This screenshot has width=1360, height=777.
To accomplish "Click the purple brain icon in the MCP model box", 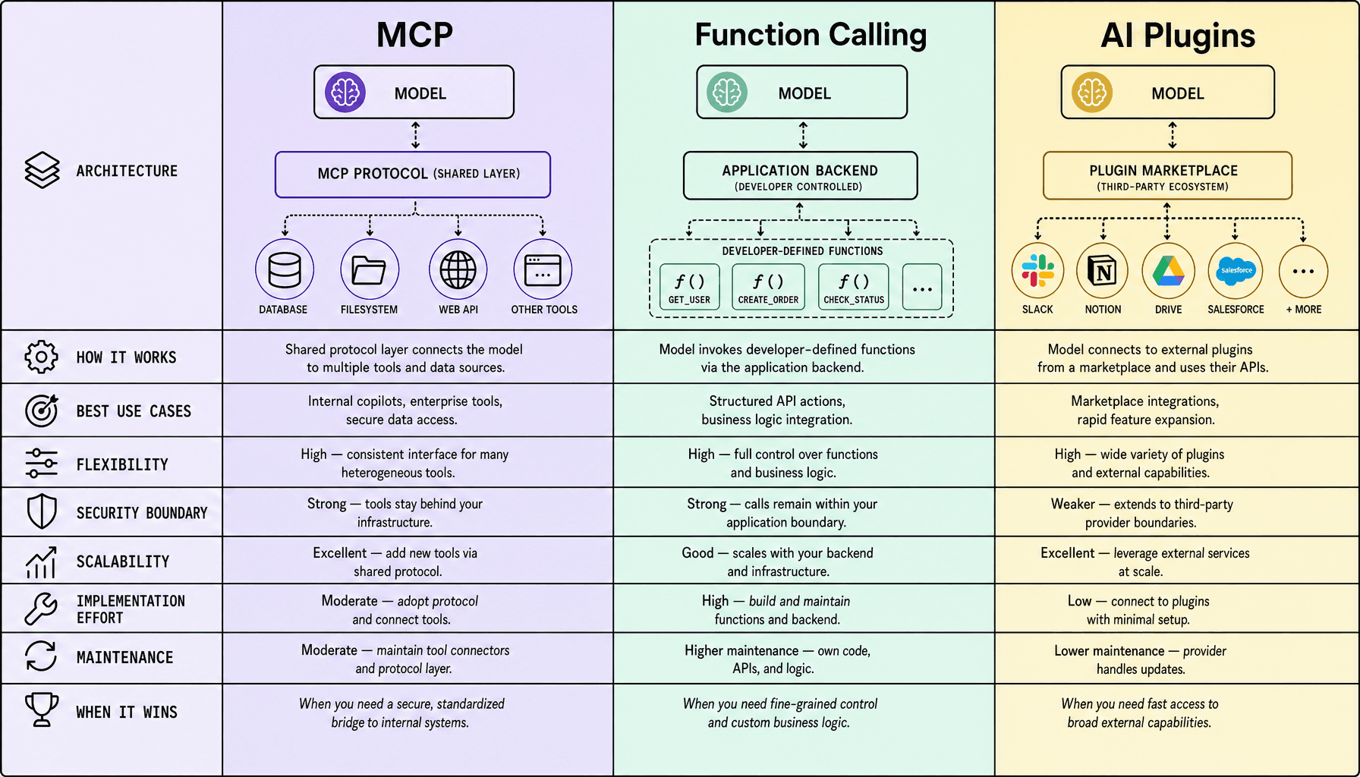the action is tap(345, 92).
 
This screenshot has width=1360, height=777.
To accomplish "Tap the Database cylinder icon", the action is tap(285, 269).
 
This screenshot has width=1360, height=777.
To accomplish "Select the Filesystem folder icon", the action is tap(370, 269).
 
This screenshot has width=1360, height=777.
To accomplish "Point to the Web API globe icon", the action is tap(458, 269).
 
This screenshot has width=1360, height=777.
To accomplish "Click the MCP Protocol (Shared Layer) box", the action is tap(413, 175).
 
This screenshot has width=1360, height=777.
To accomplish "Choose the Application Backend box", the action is tap(800, 176).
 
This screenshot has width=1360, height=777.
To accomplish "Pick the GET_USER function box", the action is tap(689, 287).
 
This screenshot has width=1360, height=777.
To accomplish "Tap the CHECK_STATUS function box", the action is tap(854, 287).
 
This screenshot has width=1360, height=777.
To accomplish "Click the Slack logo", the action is tap(1037, 271).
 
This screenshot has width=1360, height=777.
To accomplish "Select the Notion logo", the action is tap(1103, 271).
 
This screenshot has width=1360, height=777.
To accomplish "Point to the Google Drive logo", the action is tap(1169, 271).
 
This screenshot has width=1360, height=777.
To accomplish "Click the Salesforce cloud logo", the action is tap(1236, 271).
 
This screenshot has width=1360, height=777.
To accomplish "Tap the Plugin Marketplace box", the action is tap(1167, 176).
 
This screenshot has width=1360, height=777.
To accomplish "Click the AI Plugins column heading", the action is tap(1178, 36).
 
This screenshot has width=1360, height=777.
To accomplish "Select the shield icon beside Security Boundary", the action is tap(42, 512).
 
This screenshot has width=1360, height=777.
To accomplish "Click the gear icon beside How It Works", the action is tap(41, 357).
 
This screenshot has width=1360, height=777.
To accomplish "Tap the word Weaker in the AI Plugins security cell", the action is tap(1073, 504).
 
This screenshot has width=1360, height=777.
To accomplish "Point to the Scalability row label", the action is tap(123, 562).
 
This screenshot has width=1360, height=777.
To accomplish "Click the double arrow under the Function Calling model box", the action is tap(803, 135).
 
